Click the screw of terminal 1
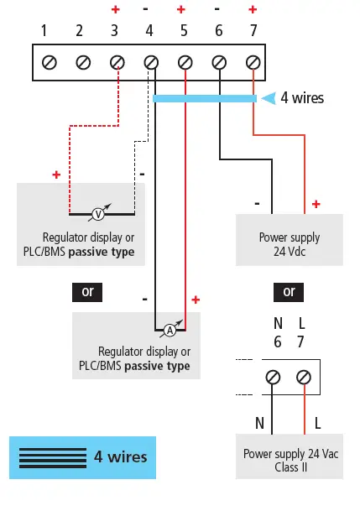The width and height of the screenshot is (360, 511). pyautogui.click(x=50, y=63)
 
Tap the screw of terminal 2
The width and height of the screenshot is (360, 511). pyautogui.click(x=83, y=63)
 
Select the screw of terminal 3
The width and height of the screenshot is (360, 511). pyautogui.click(x=117, y=63)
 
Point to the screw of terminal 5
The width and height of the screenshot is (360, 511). pyautogui.click(x=185, y=63)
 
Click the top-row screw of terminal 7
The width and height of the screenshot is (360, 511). pyautogui.click(x=253, y=63)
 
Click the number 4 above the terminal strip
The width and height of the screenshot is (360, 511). pyautogui.click(x=149, y=31)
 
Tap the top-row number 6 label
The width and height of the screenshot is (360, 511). pyautogui.click(x=219, y=31)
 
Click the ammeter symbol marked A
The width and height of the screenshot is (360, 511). pyautogui.click(x=169, y=329)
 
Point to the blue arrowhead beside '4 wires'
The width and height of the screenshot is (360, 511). pyautogui.click(x=269, y=98)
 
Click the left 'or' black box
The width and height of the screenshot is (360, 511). pyautogui.click(x=87, y=291)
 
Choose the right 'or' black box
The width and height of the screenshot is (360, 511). pyautogui.click(x=289, y=291)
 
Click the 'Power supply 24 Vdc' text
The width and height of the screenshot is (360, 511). pyautogui.click(x=289, y=244)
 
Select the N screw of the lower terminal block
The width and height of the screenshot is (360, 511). pyautogui.click(x=273, y=378)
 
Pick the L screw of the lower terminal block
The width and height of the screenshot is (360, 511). pyautogui.click(x=304, y=378)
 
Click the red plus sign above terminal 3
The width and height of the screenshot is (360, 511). pyautogui.click(x=115, y=10)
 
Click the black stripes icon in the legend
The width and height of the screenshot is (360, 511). pyautogui.click(x=53, y=457)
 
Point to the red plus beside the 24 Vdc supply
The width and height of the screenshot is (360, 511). pyautogui.click(x=316, y=203)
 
